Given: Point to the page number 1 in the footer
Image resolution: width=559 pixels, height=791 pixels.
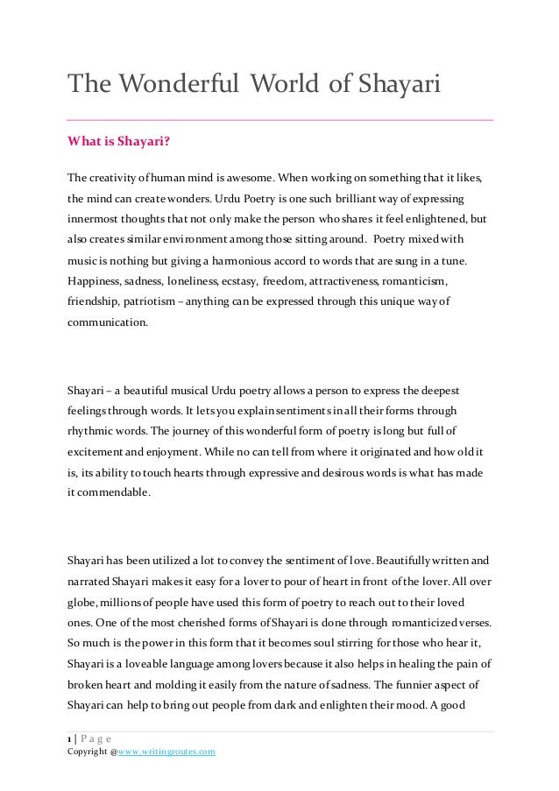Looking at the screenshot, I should click(68, 738).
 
